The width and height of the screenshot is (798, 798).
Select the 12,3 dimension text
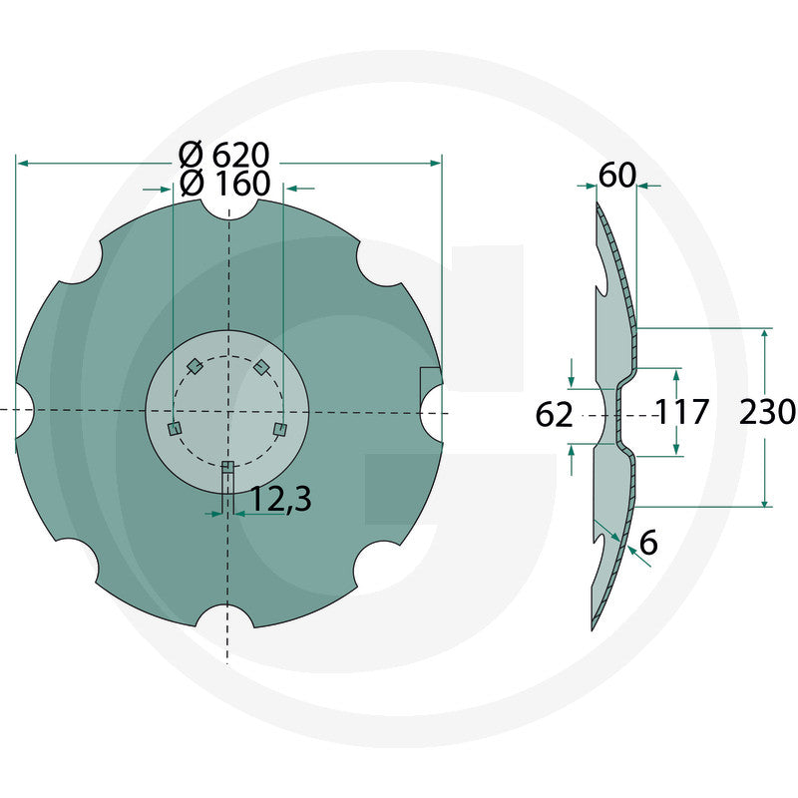[x=281, y=499]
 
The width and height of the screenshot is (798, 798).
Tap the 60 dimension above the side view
[x=616, y=176]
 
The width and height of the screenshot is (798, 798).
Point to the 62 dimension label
[x=555, y=414]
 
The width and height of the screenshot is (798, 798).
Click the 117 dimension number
[x=682, y=411]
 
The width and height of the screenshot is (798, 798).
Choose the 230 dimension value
[x=767, y=411]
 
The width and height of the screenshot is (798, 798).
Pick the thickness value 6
[x=648, y=544]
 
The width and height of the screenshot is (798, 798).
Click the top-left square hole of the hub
[x=196, y=366]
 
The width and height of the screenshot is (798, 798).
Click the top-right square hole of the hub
[x=261, y=367]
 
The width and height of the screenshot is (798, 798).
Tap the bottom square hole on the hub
[x=228, y=467]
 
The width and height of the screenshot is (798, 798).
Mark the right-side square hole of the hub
[x=280, y=429]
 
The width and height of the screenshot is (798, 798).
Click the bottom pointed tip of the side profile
[x=594, y=626]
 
